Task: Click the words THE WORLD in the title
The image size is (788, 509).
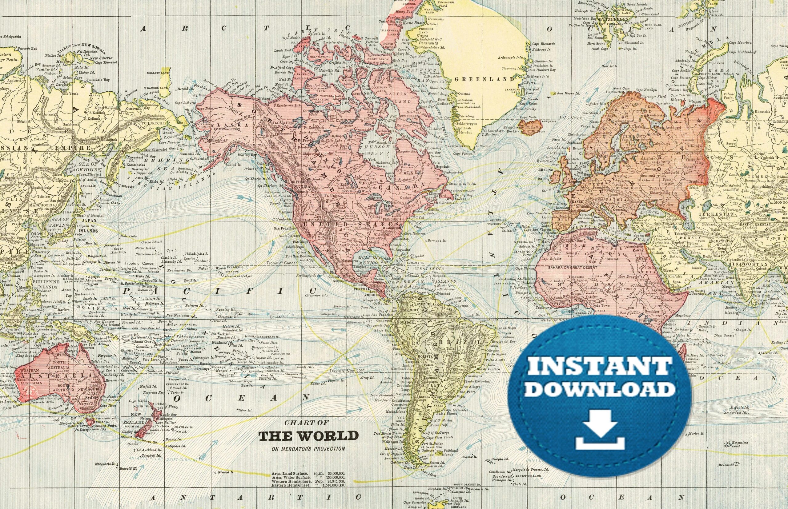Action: tap(308, 436)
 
